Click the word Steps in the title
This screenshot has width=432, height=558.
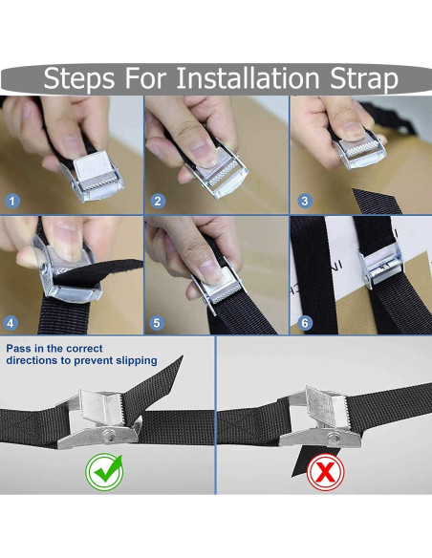(79, 78)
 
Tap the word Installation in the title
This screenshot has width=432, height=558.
(248, 77)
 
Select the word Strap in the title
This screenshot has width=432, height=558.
(364, 78)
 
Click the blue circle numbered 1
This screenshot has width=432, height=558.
(12, 201)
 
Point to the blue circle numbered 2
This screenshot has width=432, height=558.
(158, 201)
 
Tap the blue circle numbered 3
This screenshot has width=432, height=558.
(305, 201)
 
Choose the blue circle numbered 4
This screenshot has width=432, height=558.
(11, 323)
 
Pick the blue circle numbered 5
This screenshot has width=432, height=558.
(157, 323)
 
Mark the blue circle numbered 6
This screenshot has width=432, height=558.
(305, 323)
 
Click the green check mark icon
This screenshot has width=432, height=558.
(104, 471)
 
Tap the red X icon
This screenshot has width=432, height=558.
(325, 472)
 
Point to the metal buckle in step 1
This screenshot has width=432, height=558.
(94, 178)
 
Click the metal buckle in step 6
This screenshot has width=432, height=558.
(380, 265)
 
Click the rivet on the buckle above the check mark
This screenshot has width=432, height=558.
(109, 435)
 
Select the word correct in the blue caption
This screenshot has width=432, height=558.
(84, 348)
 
